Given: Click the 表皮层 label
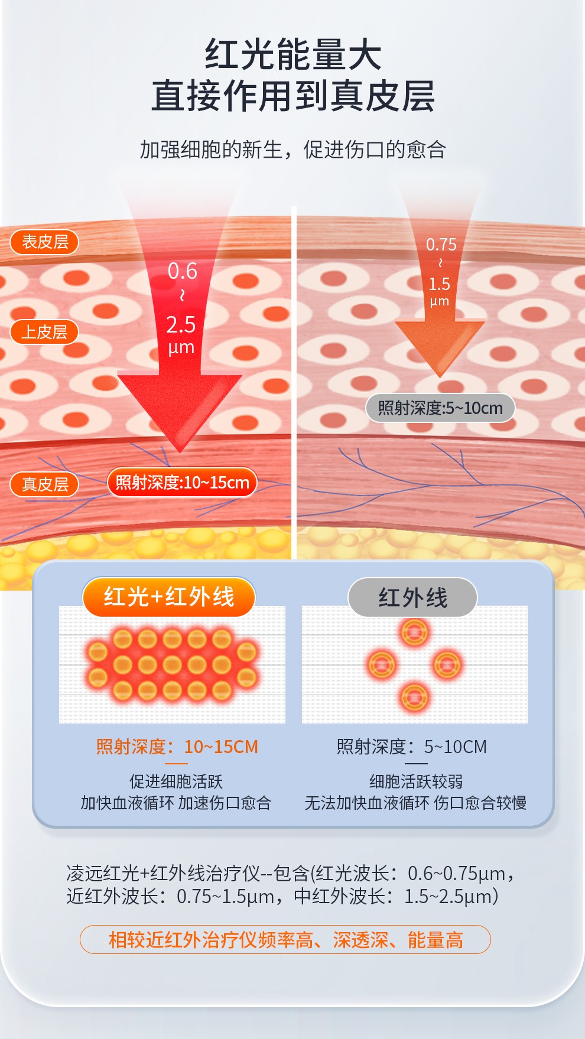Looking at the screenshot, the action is (x=44, y=242).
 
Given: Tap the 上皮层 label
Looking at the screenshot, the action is (x=44, y=332).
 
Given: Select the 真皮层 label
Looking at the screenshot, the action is (x=44, y=484).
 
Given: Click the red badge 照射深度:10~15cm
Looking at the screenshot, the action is (x=182, y=483).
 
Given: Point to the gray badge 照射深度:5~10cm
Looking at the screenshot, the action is (x=440, y=408).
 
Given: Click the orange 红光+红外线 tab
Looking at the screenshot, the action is (x=169, y=597).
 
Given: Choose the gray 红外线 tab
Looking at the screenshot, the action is (x=412, y=598).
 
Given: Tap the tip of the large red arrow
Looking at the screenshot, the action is (x=180, y=452).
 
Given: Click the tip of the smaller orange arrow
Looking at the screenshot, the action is (x=440, y=377).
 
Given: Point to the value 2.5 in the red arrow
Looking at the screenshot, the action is (x=181, y=325).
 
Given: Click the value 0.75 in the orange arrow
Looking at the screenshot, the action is (x=441, y=245).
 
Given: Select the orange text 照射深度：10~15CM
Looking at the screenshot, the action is (x=177, y=747).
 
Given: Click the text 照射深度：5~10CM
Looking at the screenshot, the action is (x=412, y=747).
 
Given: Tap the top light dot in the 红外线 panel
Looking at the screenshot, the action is (x=414, y=632).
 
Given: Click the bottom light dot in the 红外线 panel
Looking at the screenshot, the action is (x=414, y=697).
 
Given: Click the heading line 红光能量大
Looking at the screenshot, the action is (x=293, y=54).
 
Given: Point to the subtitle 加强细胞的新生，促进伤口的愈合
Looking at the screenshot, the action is (x=293, y=149).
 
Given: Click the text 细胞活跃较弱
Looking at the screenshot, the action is (x=416, y=781).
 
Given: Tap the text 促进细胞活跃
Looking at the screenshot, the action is (x=176, y=781).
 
